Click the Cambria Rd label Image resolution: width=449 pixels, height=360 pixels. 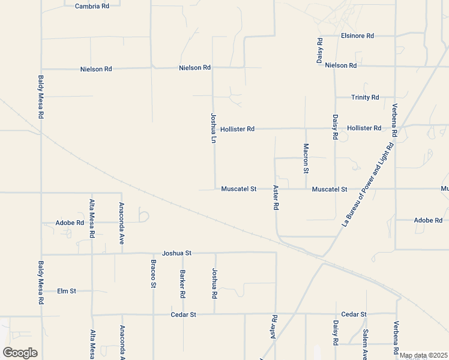pos(92,6)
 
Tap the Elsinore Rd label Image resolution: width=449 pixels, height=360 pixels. pos(357,36)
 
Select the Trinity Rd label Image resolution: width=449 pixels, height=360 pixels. pos(365,97)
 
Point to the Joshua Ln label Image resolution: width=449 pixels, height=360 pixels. pos(212,128)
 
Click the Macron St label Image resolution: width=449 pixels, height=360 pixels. pos(306,158)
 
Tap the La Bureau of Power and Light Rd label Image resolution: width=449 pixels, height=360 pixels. pos(367,184)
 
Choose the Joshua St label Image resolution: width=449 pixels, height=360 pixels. pos(176,253)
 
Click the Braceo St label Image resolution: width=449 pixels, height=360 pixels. pos(153,274)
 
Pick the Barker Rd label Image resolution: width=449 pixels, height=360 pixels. pos(182,284)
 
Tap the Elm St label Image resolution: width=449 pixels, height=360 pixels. pos(67,291)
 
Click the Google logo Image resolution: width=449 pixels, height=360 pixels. pos(20,353)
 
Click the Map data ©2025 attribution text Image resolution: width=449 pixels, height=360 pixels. pos(423,355)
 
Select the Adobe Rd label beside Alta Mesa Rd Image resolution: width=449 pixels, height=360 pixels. pos(70,223)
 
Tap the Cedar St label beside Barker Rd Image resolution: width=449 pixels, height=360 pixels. pos(184,314)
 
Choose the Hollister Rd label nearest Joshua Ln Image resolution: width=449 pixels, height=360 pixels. pos(237,129)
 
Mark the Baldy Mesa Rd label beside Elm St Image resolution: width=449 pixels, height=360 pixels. pos(41,281)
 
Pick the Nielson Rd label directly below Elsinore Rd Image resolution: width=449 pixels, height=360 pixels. pos(340,65)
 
